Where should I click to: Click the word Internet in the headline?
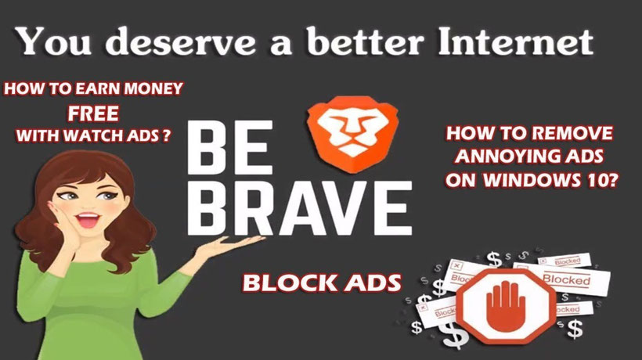pyautogui.click(x=515, y=41)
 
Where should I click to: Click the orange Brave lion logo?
pyautogui.click(x=353, y=134)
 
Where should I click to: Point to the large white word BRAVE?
pyautogui.click(x=299, y=208)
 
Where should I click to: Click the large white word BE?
pyautogui.click(x=229, y=147)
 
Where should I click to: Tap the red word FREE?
pyautogui.click(x=93, y=113)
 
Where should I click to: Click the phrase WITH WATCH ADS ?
pyautogui.click(x=93, y=135)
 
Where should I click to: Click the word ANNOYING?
pyautogui.click(x=506, y=157)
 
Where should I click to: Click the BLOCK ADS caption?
pyautogui.click(x=322, y=283)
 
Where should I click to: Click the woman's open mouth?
pyautogui.click(x=88, y=220)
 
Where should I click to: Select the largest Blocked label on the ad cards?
pyautogui.click(x=566, y=279)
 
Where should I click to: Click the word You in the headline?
pyautogui.click(x=52, y=41)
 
